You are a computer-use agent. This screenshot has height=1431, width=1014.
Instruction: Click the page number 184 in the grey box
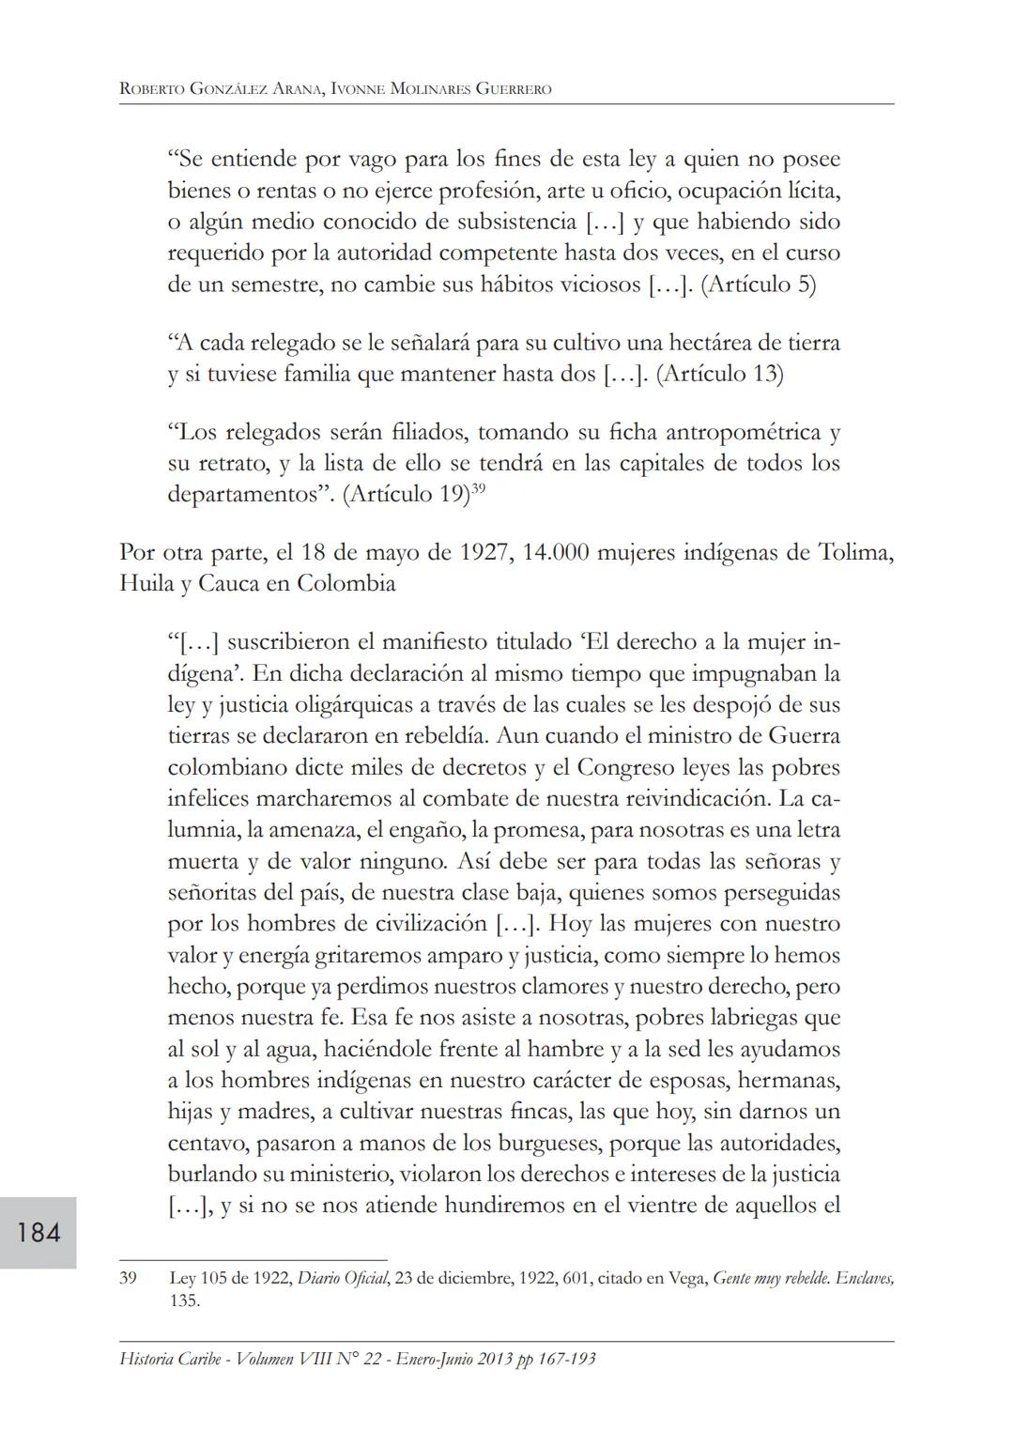38,1231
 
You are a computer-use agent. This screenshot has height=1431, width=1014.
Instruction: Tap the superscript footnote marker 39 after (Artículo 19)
478,487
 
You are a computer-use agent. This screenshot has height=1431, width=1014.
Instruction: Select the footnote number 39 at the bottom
129,1278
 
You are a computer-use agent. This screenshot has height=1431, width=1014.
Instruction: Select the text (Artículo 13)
720,374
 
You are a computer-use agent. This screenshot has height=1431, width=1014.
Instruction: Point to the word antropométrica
735,432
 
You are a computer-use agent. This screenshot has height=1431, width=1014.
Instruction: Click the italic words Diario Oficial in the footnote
343,1278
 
